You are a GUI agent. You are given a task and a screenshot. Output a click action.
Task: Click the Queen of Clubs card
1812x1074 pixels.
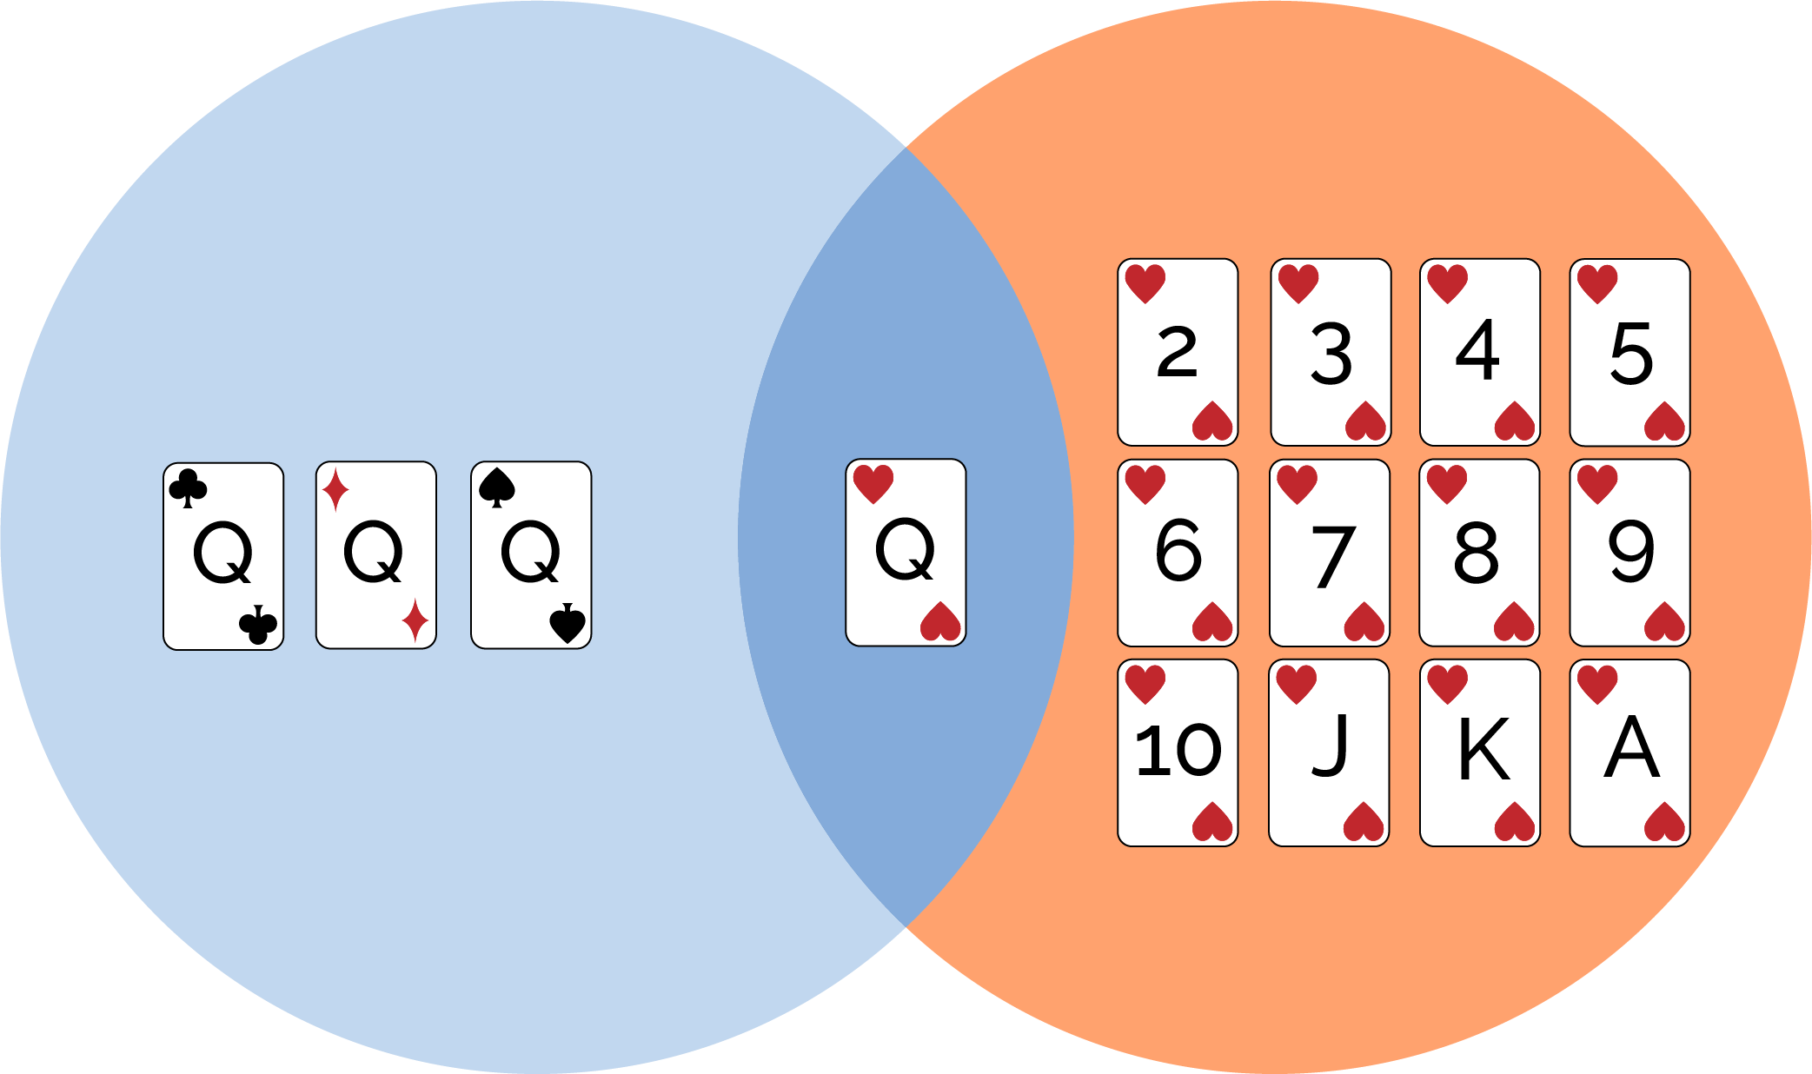coord(223,556)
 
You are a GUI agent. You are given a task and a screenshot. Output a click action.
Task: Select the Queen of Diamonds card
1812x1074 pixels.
coord(376,555)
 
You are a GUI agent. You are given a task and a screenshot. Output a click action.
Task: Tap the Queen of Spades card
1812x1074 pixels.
coord(531,555)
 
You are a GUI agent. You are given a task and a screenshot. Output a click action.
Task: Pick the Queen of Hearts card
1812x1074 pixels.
coord(906,553)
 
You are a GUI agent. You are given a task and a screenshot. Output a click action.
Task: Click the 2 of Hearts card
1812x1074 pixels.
coord(1178,352)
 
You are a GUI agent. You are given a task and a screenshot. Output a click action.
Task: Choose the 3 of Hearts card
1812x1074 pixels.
coord(1331,352)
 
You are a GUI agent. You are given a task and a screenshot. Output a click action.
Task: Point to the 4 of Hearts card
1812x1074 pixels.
coord(1480,352)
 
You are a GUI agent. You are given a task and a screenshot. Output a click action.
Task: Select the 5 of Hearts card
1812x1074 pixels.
coord(1629,352)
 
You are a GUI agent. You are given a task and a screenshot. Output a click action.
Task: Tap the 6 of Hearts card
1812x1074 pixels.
coord(1178,553)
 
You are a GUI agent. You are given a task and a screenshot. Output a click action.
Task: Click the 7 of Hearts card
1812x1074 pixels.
coord(1330,553)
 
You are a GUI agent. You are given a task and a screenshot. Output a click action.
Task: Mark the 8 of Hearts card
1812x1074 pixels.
coord(1479,553)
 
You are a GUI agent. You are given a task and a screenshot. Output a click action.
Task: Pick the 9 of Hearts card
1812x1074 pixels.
coord(1629,553)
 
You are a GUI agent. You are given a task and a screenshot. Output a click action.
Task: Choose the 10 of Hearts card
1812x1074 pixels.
coord(1178,752)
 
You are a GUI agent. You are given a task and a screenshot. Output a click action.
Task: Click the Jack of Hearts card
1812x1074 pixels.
coord(1329,752)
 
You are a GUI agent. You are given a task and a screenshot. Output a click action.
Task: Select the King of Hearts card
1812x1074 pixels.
coord(1480,752)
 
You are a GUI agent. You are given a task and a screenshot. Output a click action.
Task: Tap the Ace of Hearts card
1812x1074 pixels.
coord(1629,752)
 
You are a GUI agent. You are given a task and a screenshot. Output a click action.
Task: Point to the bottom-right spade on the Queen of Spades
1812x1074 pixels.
coord(567,623)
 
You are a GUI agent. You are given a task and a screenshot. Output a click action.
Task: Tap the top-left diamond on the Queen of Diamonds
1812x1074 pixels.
coord(335,489)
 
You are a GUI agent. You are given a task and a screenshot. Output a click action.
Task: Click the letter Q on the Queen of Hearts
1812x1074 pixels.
coord(905,549)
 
